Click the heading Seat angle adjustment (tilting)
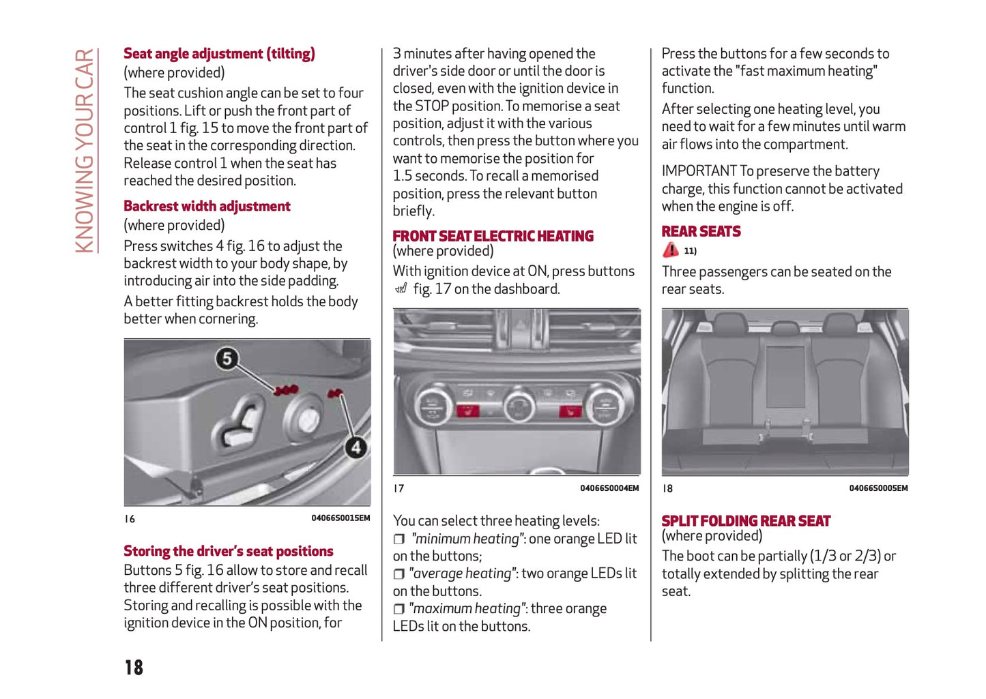pyautogui.click(x=219, y=54)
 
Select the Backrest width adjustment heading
pyautogui.click(x=207, y=206)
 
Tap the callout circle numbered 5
pyautogui.click(x=227, y=359)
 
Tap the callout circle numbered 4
pyautogui.click(x=356, y=447)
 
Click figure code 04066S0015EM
pyautogui.click(x=340, y=518)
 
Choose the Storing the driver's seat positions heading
pyautogui.click(x=228, y=551)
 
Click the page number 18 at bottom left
pyautogui.click(x=134, y=667)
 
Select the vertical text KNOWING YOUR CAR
pyautogui.click(x=84, y=151)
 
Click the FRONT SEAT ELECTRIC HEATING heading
pyautogui.click(x=493, y=236)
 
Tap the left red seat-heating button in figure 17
pyautogui.click(x=468, y=411)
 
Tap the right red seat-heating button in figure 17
pyautogui.click(x=570, y=411)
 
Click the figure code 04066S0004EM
pyautogui.click(x=609, y=488)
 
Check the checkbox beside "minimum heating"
pyautogui.click(x=399, y=539)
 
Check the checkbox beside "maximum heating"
pyautogui.click(x=399, y=609)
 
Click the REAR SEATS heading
pyautogui.click(x=701, y=232)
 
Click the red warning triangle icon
pyautogui.click(x=671, y=250)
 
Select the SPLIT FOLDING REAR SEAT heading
pyautogui.click(x=746, y=521)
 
